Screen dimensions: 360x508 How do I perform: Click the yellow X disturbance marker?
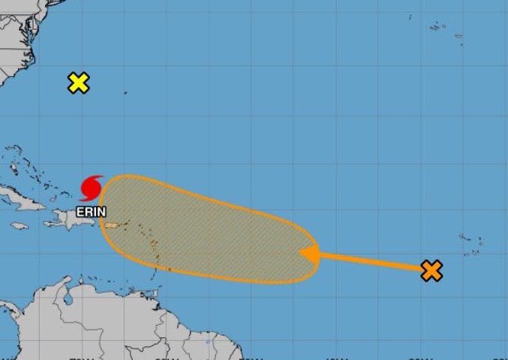(78, 83)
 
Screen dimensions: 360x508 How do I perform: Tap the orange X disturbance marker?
(432, 270)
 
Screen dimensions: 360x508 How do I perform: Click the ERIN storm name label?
(90, 211)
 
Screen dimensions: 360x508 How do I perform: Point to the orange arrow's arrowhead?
(308, 254)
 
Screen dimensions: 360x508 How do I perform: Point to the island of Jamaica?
(19, 226)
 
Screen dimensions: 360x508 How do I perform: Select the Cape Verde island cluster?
(470, 244)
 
